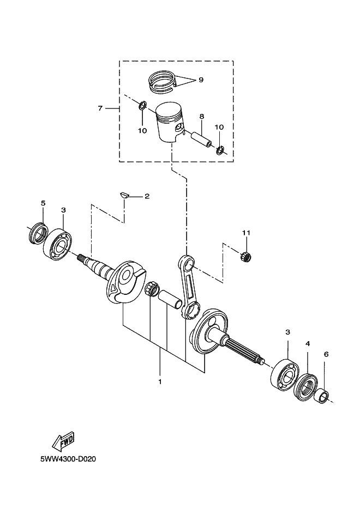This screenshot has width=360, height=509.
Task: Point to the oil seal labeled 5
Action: [x=38, y=233]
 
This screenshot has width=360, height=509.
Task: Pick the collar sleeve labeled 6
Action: [x=322, y=396]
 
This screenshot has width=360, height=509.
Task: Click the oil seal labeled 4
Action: [x=306, y=386]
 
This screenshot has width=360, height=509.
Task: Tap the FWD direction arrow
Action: [x=63, y=441]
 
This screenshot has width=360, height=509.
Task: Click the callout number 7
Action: [x=100, y=108]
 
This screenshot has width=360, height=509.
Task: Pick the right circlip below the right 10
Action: [x=220, y=150]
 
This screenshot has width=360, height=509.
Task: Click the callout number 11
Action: [x=246, y=233]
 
